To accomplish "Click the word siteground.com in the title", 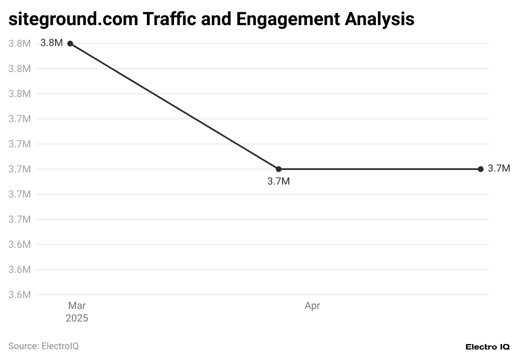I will [73, 19].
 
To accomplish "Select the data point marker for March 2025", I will [70, 44].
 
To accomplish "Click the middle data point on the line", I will [279, 169].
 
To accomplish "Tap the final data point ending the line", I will [480, 169].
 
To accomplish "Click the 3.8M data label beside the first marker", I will [51, 43].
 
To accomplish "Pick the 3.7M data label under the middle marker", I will [279, 182].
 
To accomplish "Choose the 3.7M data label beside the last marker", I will [499, 169].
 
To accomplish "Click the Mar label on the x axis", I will [77, 306].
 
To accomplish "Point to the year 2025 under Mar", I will [77, 319].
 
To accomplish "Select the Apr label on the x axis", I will [312, 306].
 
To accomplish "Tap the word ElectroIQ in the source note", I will [60, 346].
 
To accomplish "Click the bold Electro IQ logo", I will [488, 347].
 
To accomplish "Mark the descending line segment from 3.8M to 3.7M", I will [175, 106].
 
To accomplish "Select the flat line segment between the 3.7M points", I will [380, 169].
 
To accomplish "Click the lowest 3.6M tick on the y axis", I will [20, 295].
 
